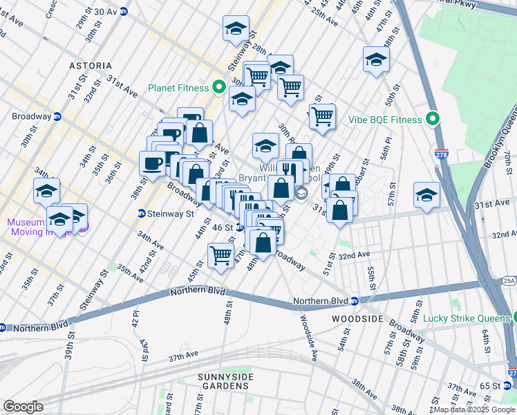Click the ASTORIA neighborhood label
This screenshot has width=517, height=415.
90,66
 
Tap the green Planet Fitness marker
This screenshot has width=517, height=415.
219,88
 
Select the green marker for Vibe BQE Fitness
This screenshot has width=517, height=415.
433,120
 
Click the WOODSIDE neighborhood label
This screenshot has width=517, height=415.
357,318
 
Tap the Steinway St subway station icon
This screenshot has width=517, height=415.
142,214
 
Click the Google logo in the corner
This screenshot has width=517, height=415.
23,407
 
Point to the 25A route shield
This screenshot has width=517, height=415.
509,280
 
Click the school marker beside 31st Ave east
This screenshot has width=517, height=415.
426,195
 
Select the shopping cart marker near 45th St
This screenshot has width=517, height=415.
220,255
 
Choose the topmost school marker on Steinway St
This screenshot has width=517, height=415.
236,28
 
